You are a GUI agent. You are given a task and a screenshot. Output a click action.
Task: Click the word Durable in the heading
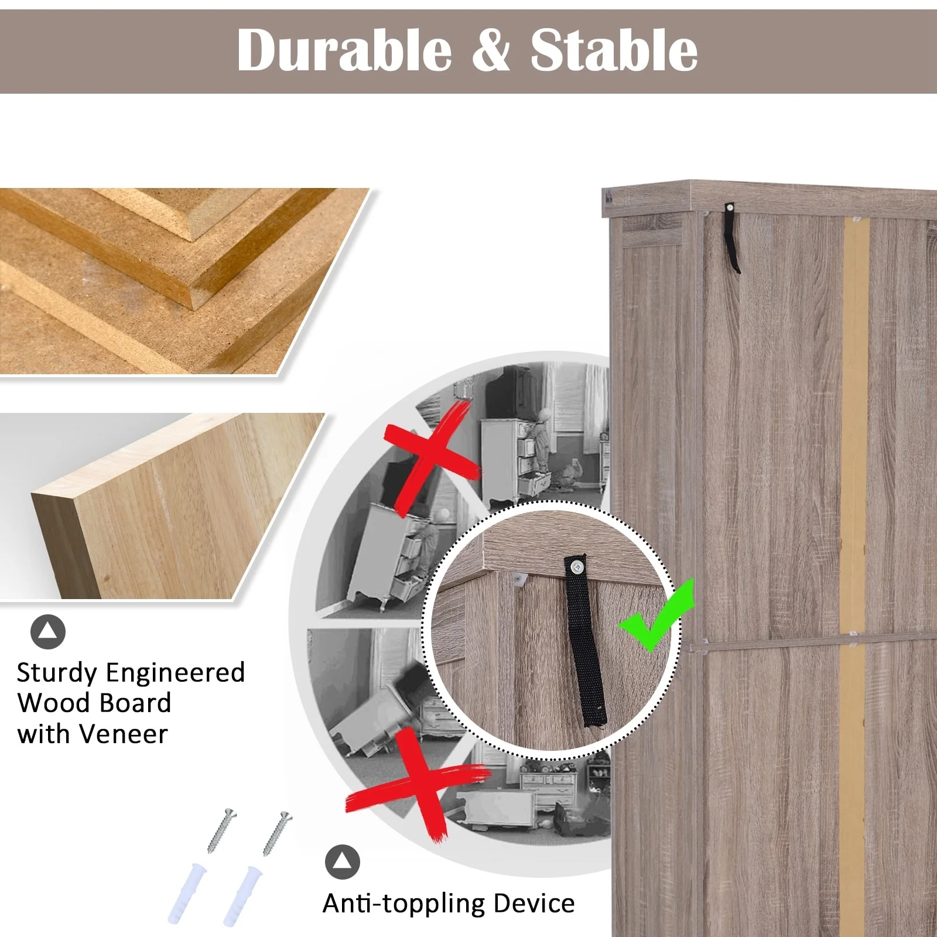coord(344,50)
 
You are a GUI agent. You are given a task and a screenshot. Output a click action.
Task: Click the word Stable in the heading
coord(614,50)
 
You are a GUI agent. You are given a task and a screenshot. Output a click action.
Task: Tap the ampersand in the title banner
coord(491,51)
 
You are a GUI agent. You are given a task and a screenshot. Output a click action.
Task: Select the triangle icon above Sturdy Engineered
coord(48,632)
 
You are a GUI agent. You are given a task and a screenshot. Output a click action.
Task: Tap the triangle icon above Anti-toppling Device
coord(343,862)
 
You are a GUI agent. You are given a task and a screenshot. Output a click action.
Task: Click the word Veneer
coord(124,734)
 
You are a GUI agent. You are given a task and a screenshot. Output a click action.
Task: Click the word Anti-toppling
coord(404,904)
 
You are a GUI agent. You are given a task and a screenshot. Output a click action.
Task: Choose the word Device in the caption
coord(534,903)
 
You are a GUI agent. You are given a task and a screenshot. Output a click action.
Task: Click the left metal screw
coord(221,830)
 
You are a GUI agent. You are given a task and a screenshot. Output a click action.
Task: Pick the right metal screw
coord(276,833)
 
